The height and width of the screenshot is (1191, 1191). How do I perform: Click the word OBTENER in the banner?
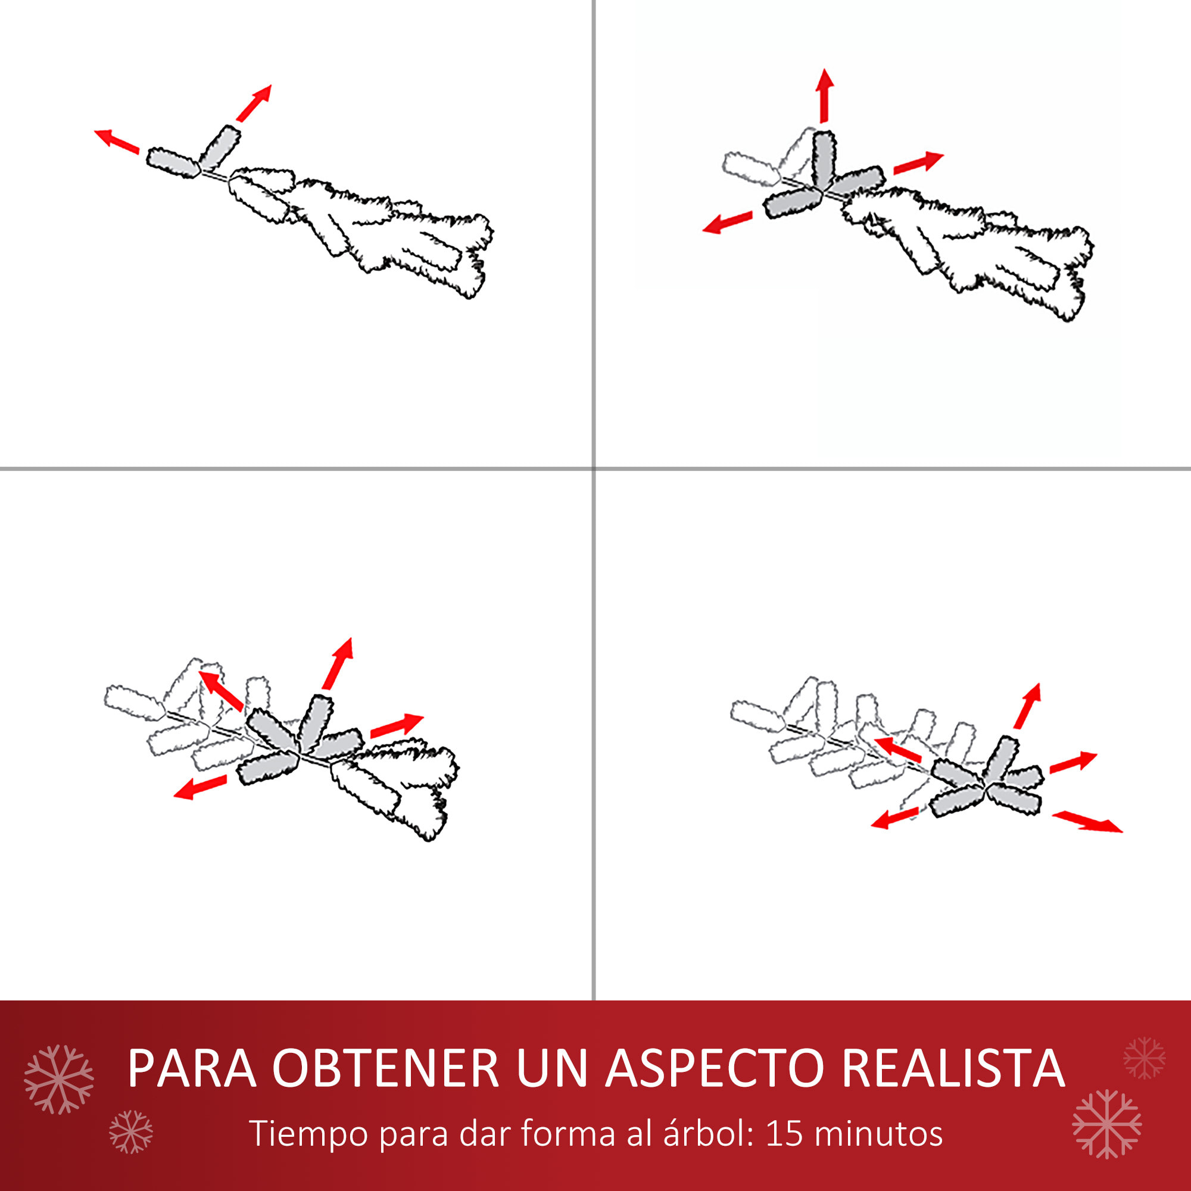tap(385, 1068)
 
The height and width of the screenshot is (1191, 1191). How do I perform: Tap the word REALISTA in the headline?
tap(953, 1068)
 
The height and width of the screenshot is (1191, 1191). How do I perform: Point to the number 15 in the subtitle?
tap(784, 1133)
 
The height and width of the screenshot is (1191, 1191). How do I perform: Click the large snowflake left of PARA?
tap(58, 1080)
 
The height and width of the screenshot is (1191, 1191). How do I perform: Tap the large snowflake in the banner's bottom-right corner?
tap(1106, 1124)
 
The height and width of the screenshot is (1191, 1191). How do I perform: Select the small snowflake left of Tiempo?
tap(130, 1132)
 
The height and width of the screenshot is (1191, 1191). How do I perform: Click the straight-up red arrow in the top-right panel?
tap(825, 95)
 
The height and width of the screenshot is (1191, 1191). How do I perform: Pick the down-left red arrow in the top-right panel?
tap(728, 223)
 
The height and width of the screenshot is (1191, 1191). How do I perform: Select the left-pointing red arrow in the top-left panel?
tap(117, 141)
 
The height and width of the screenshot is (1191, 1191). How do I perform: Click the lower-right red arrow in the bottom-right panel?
tap(1087, 822)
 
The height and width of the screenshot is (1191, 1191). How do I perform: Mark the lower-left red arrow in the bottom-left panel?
tap(200, 787)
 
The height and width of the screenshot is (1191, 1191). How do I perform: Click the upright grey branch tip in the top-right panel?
tap(824, 160)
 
